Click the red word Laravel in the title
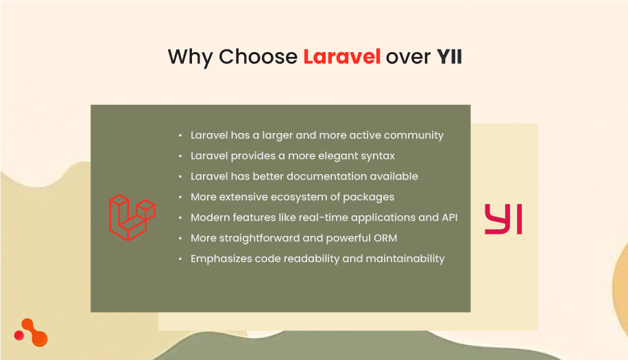[x=341, y=57]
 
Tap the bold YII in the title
[x=449, y=57]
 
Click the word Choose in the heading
[x=258, y=57]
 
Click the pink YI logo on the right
[x=503, y=219]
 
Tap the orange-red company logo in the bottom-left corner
[x=31, y=333]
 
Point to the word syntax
[x=376, y=156]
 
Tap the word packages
[x=370, y=197]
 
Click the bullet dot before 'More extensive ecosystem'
[x=180, y=197]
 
